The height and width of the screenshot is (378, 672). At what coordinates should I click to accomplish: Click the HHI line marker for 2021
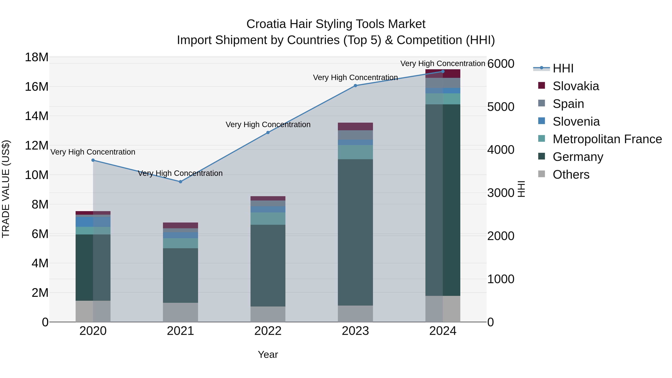[180, 182]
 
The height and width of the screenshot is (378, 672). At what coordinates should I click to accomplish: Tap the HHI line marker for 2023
[355, 85]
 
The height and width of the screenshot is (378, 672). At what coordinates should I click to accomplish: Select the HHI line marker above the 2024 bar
[443, 71]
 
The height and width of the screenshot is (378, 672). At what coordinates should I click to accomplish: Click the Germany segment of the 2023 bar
[355, 232]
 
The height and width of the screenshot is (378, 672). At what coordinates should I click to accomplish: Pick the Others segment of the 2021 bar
[180, 312]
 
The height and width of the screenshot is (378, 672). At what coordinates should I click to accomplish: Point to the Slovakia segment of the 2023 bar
[355, 127]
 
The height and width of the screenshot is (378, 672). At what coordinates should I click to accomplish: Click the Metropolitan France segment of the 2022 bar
[268, 219]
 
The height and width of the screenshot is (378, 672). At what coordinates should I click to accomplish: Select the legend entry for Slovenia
[576, 122]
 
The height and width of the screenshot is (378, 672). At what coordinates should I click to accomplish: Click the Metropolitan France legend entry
[607, 139]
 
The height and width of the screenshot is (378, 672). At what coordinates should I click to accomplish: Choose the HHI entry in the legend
[563, 68]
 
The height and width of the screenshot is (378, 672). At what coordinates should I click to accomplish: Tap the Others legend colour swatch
[542, 174]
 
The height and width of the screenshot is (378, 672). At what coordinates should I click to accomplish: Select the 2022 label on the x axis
[268, 331]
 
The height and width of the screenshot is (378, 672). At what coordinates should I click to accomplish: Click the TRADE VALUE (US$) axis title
[6, 189]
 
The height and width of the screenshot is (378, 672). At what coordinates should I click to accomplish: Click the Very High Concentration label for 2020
[93, 152]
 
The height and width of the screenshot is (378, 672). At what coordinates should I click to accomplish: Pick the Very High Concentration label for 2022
[268, 125]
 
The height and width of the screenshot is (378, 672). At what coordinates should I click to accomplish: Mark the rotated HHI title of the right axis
[521, 189]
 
